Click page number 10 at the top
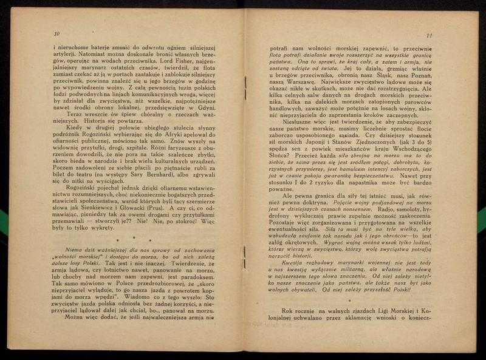tap(56, 34)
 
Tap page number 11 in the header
tap(429, 35)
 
